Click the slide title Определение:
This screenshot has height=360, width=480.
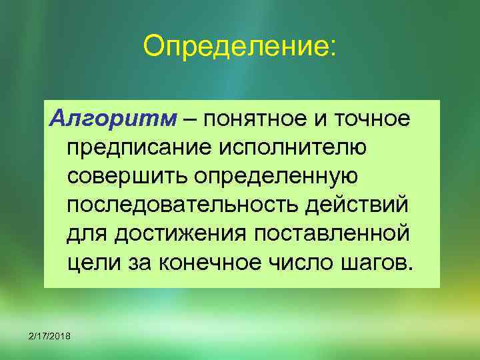tap(240, 47)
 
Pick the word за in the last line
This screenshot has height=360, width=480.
tap(138, 262)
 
